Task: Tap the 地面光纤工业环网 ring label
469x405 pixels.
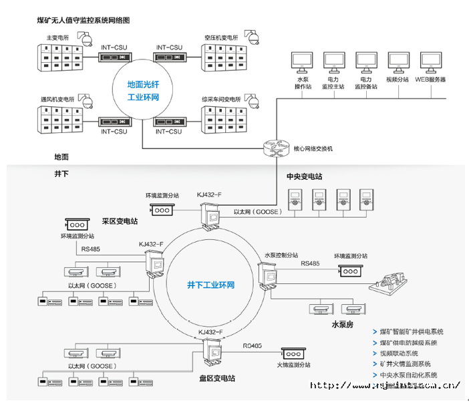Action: pyautogui.click(x=143, y=91)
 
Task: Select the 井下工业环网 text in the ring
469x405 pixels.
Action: pyautogui.click(x=210, y=285)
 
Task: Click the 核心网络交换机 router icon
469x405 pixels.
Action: pyautogui.click(x=274, y=148)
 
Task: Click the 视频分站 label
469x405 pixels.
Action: pyautogui.click(x=397, y=80)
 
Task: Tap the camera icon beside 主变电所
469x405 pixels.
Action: pyautogui.click(x=86, y=39)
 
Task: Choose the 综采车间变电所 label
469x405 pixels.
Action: pyautogui.click(x=220, y=100)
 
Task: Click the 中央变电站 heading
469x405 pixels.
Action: pyautogui.click(x=304, y=177)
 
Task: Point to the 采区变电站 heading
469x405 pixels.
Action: pyautogui.click(x=120, y=221)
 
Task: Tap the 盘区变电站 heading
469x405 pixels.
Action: pyautogui.click(x=216, y=379)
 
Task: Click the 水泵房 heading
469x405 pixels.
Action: pyautogui.click(x=343, y=325)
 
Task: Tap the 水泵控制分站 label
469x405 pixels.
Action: pyautogui.click(x=281, y=255)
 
